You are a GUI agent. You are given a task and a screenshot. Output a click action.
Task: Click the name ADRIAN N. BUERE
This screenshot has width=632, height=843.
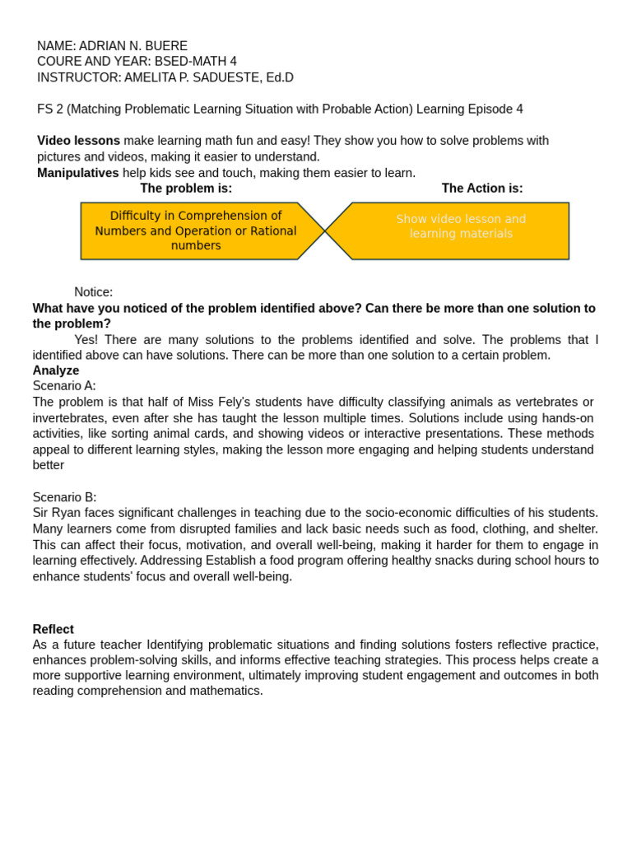[133, 46]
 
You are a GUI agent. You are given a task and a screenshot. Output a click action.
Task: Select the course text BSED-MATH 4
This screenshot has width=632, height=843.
[196, 62]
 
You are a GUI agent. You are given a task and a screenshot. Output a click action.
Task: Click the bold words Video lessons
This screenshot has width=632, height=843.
[78, 141]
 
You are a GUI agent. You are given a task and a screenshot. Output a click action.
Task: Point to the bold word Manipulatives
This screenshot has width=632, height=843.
[77, 173]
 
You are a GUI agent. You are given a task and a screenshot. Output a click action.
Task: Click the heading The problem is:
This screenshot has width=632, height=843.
[186, 189]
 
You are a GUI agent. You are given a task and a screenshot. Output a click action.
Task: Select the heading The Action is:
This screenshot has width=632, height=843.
[482, 189]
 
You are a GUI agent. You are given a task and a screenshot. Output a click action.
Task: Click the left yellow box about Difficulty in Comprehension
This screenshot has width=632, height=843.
[196, 231]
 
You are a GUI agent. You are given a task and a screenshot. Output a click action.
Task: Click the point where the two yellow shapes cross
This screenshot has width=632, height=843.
[325, 231]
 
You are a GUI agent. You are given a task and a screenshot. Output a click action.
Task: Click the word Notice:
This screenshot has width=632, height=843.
[93, 292]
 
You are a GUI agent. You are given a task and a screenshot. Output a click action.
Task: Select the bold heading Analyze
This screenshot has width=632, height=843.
[56, 370]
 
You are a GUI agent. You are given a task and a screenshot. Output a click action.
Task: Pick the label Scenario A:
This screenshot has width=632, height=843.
[64, 386]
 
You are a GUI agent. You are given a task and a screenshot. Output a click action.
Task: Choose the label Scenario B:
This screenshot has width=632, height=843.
[64, 497]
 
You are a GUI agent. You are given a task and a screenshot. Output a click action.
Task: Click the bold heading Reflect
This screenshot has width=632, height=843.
[53, 629]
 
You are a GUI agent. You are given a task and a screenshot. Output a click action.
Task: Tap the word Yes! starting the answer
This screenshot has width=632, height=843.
[87, 340]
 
